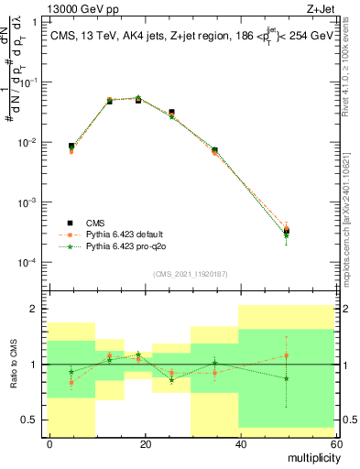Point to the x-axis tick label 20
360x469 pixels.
click(145, 443)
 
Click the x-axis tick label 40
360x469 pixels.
click(239, 443)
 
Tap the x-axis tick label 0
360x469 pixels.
click(49, 443)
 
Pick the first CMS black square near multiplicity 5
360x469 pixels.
click(71, 146)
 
